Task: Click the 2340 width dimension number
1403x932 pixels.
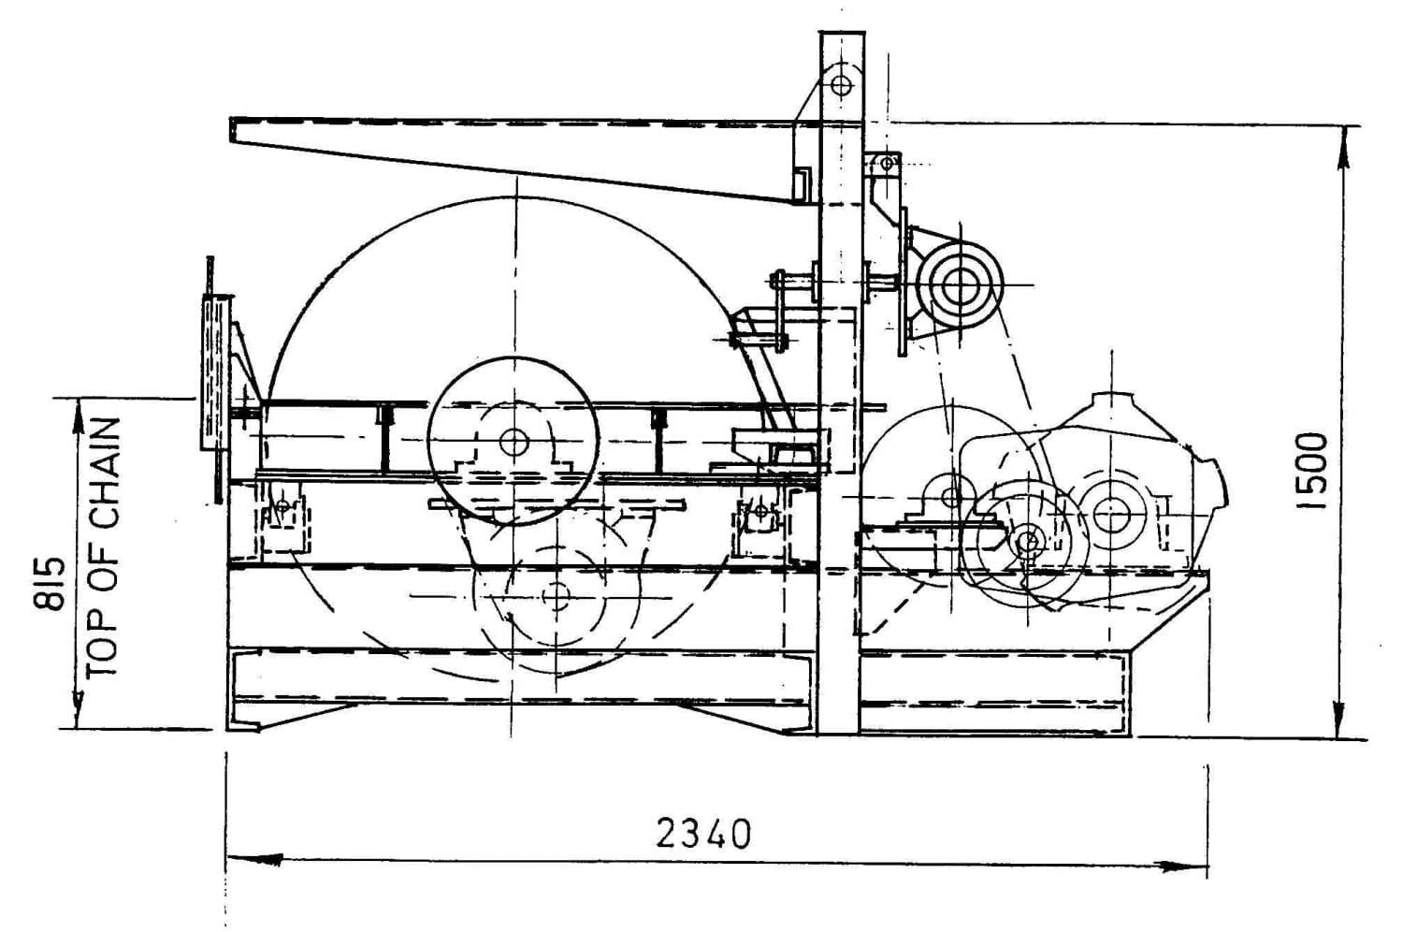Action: click(703, 833)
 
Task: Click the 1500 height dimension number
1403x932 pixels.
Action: click(1313, 470)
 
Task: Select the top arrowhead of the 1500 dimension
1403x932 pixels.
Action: click(1344, 140)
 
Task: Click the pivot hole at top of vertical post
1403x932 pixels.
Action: click(840, 85)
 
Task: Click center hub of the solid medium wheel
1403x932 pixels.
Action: click(513, 441)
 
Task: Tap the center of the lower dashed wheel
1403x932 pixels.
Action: click(556, 595)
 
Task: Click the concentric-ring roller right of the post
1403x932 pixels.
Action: click(960, 284)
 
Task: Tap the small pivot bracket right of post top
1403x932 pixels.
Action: click(885, 165)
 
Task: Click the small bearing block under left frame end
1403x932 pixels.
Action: click(282, 510)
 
